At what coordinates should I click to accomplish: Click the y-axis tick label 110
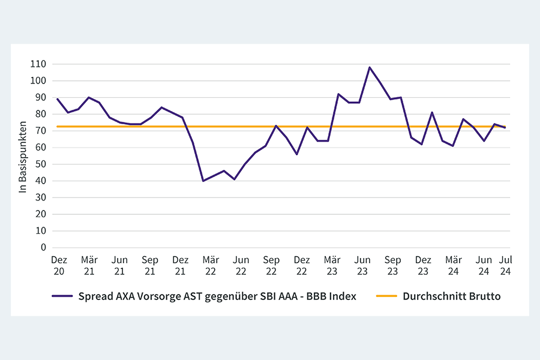40,64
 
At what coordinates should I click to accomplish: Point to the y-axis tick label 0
44,247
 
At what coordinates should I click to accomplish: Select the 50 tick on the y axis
41,164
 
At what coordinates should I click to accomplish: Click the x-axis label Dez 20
59,265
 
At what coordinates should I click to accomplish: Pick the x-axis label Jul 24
506,265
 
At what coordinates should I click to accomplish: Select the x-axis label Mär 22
211,265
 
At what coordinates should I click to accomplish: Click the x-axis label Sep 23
393,265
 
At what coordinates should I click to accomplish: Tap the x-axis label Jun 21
120,265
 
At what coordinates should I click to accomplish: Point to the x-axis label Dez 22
302,265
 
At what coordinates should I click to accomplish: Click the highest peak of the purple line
370,67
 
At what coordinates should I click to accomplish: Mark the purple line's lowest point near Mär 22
203,181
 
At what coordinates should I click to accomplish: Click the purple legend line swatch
62,296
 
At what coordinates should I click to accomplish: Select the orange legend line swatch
386,296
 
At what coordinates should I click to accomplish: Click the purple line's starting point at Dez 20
57,99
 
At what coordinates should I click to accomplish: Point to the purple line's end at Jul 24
505,128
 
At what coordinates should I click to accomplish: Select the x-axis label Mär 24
454,265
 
